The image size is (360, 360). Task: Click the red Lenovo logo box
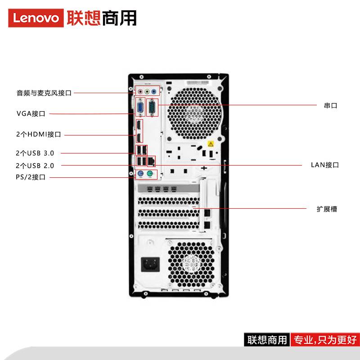pyautogui.click(x=36, y=18)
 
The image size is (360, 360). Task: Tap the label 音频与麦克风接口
pyautogui.click(x=44, y=93)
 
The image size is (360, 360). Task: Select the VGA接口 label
pyautogui.click(x=31, y=113)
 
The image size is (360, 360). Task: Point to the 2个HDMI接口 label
pyautogui.click(x=39, y=134)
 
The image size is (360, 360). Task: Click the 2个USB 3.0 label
pyautogui.click(x=35, y=153)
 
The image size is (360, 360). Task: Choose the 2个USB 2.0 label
pyautogui.click(x=35, y=166)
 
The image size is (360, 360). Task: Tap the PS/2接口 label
pyautogui.click(x=31, y=177)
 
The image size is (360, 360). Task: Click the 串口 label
pyautogui.click(x=331, y=106)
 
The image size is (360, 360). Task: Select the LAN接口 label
pyautogui.click(x=325, y=165)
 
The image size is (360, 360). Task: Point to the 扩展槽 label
pyautogui.click(x=327, y=209)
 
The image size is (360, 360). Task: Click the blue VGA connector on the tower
pyautogui.click(x=140, y=108)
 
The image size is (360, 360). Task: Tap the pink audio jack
pyautogui.click(x=140, y=92)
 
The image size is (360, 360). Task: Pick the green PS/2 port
pyautogui.click(x=150, y=174)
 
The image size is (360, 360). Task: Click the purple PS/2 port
pyautogui.click(x=140, y=174)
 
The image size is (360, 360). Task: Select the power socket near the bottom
pyautogui.click(x=150, y=264)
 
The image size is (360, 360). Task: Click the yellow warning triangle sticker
pyautogui.click(x=211, y=144)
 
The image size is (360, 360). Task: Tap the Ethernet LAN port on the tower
pyautogui.click(x=151, y=161)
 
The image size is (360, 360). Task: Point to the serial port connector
pyautogui.click(x=152, y=108)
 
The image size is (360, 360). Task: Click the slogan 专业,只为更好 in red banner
pyautogui.click(x=325, y=340)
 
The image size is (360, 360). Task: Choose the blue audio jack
pyautogui.click(x=154, y=92)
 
